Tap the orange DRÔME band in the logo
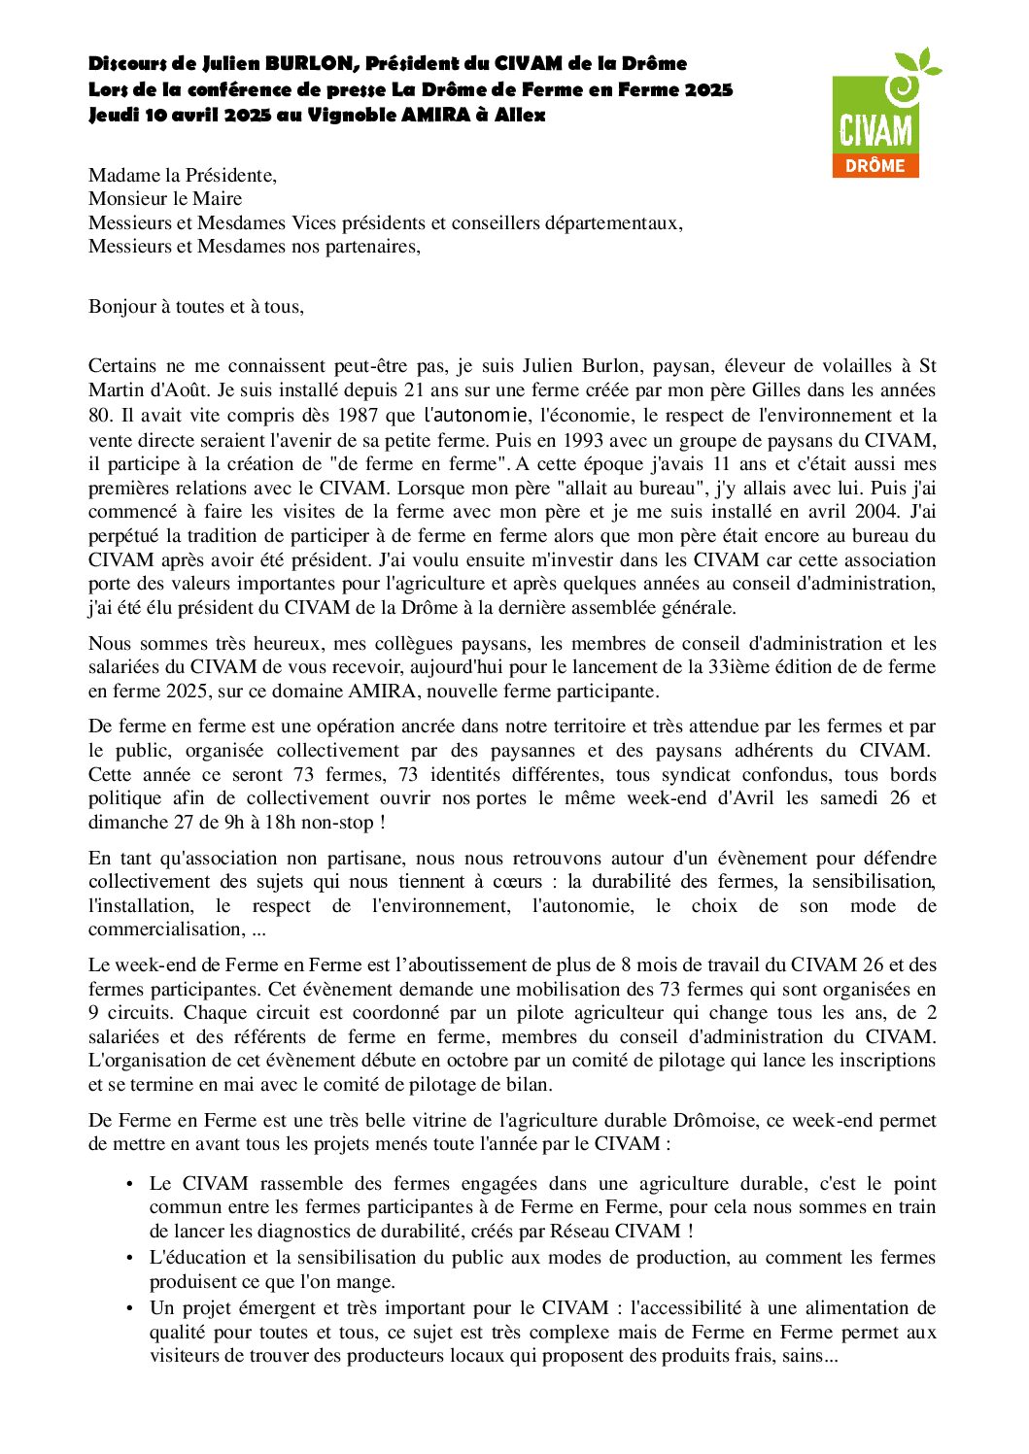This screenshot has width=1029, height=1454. pyautogui.click(x=875, y=165)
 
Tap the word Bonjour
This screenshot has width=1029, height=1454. pyautogui.click(x=122, y=307)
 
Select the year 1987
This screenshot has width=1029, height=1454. pyautogui.click(x=359, y=415)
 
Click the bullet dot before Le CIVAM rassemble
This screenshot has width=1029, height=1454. pyautogui.click(x=130, y=1184)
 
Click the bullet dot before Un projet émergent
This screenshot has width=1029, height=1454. pyautogui.click(x=130, y=1308)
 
